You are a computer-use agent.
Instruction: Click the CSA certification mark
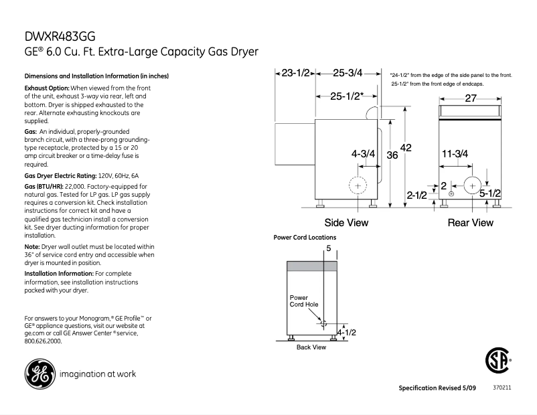pyautogui.click(x=495, y=362)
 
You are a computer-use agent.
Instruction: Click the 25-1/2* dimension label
pyautogui.click(x=346, y=96)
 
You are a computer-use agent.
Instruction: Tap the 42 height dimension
pyautogui.click(x=405, y=147)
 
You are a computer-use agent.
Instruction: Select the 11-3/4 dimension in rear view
pyautogui.click(x=455, y=153)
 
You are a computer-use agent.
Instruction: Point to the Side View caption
pyautogui.click(x=346, y=222)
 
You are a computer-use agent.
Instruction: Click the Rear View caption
pyautogui.click(x=470, y=222)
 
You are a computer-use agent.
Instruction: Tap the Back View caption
pyautogui.click(x=311, y=347)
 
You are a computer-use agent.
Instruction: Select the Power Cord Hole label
pyautogui.click(x=304, y=301)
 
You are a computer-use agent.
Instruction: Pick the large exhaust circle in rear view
pyautogui.click(x=473, y=185)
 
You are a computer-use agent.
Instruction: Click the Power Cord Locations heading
pyautogui.click(x=305, y=238)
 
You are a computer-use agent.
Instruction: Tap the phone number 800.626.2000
pyautogui.click(x=43, y=341)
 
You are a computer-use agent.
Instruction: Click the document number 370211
pyautogui.click(x=502, y=388)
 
